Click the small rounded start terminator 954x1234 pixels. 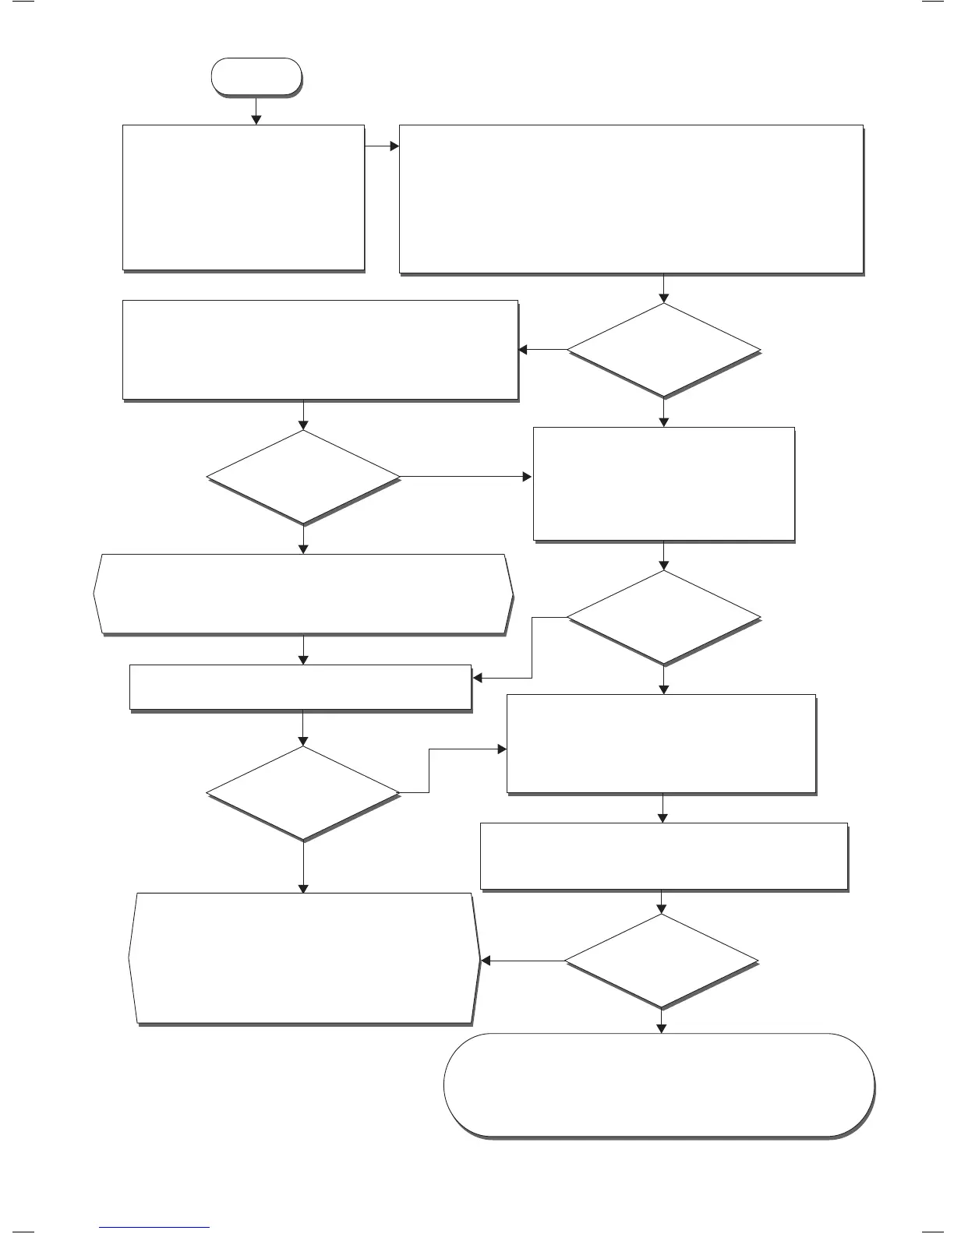tap(256, 76)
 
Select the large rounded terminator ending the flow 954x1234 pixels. tap(659, 1085)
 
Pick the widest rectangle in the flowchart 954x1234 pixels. tap(631, 199)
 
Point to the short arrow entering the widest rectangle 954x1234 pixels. tap(382, 146)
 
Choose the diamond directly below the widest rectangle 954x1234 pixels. tap(663, 351)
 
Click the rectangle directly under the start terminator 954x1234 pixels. tap(243, 197)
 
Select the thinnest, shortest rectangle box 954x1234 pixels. tap(300, 686)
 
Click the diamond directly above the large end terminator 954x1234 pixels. tap(661, 961)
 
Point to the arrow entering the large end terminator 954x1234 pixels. tap(662, 1021)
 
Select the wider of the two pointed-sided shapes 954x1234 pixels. tap(303, 594)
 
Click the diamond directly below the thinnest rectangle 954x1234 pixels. tap(303, 793)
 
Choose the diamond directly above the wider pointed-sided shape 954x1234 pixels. tap(303, 477)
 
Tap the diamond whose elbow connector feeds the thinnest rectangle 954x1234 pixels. tap(663, 618)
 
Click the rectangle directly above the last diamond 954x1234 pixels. tap(663, 855)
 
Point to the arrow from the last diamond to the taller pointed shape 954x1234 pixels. tap(522, 961)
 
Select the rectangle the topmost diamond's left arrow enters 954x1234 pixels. tap(320, 350)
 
